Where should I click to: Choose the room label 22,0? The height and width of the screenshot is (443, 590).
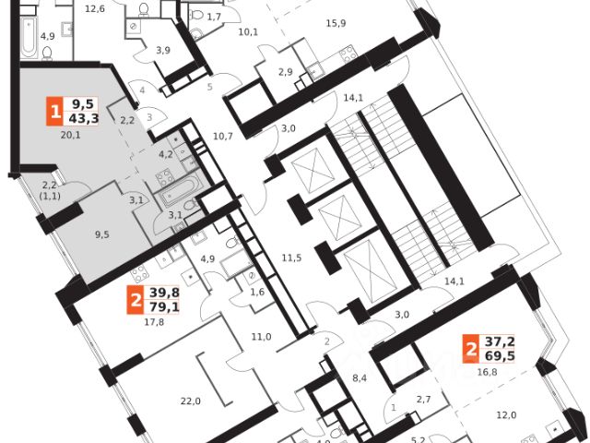click(191, 400)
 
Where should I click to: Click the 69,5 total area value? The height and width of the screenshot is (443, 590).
click(502, 354)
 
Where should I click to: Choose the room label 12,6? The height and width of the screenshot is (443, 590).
click(95, 9)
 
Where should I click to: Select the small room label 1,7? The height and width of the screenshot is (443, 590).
click(214, 18)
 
